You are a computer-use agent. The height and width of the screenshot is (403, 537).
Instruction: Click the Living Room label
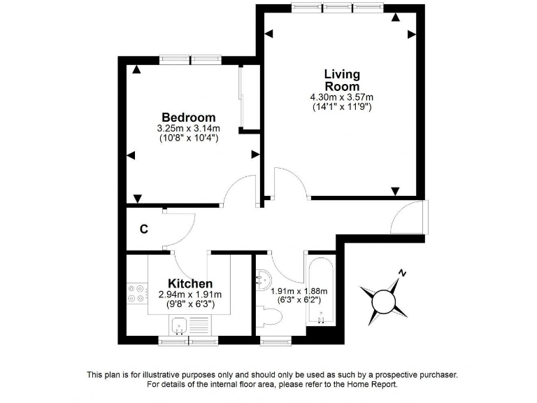[342, 80]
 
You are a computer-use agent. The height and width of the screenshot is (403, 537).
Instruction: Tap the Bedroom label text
[189, 118]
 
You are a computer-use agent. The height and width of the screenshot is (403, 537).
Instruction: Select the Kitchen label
[190, 283]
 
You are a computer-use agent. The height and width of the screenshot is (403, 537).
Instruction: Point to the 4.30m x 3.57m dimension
[342, 97]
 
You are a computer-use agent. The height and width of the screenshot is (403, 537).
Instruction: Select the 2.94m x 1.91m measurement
[190, 295]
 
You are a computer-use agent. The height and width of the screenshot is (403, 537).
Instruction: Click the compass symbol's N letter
[401, 274]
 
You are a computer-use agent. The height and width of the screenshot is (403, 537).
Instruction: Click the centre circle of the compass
[384, 302]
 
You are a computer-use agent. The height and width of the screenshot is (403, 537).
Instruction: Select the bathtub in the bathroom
[322, 290]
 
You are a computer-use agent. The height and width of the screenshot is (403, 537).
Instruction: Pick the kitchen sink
[179, 325]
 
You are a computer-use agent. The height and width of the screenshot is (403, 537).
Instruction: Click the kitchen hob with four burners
[136, 294]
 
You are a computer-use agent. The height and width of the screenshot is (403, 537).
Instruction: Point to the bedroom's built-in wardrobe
[241, 98]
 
